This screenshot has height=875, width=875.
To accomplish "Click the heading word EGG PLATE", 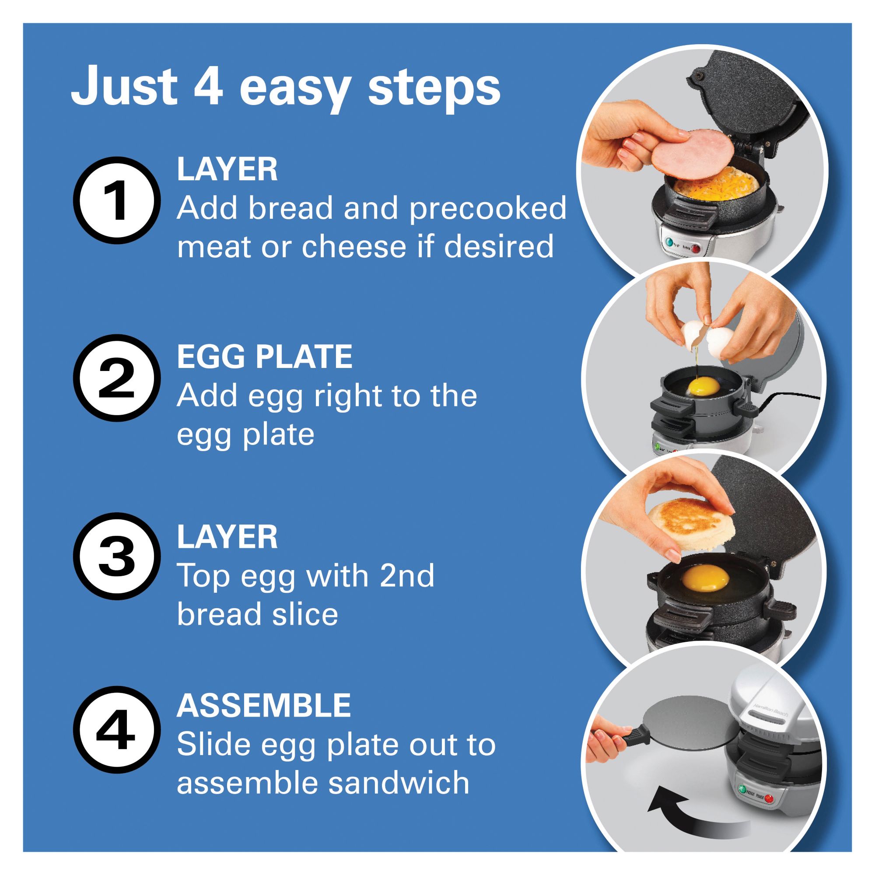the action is pos(264,357).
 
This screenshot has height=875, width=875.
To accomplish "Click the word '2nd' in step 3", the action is pos(406,576).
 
